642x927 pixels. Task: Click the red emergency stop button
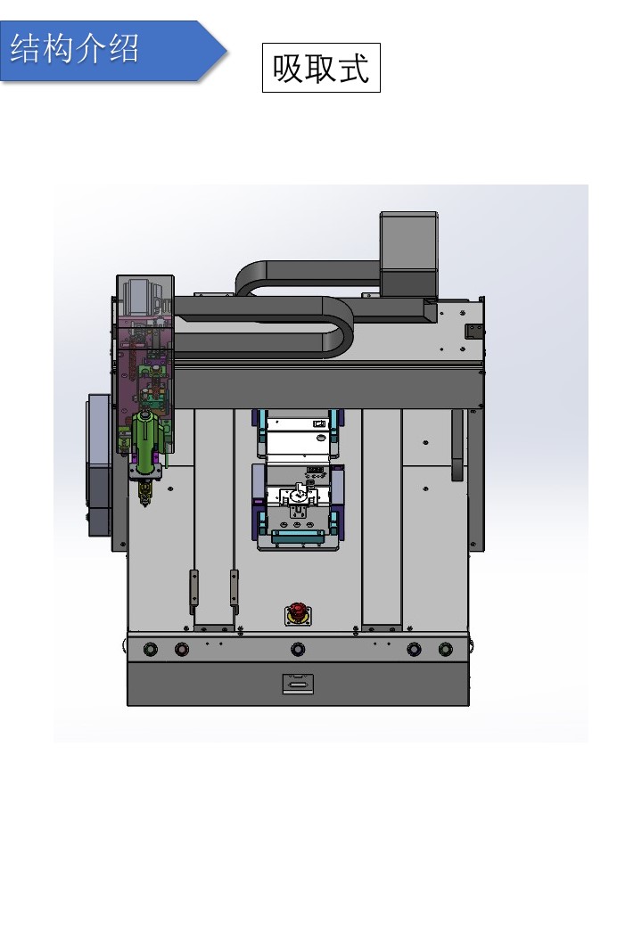click(x=297, y=613)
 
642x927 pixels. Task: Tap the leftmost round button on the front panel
click(x=151, y=649)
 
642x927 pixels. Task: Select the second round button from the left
click(x=182, y=649)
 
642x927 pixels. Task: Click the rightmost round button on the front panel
click(x=446, y=649)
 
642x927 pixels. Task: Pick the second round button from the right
click(x=414, y=649)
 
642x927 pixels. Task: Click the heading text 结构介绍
click(x=75, y=48)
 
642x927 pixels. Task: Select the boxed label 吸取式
click(x=321, y=68)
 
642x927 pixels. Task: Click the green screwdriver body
click(x=145, y=438)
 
